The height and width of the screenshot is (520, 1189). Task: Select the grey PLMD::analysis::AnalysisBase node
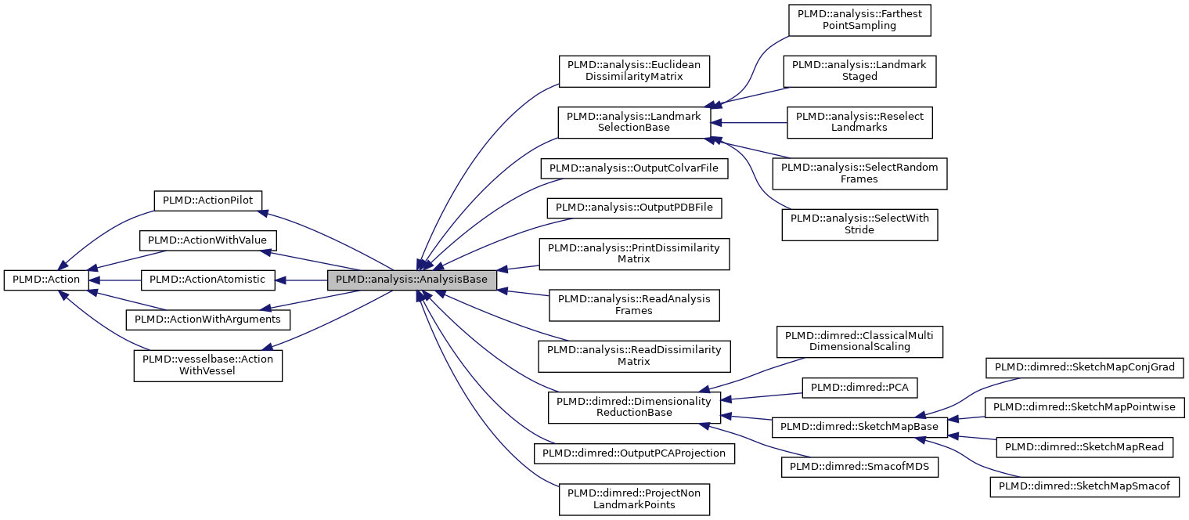pyautogui.click(x=412, y=280)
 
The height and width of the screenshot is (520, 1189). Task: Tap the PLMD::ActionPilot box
pyautogui.click(x=207, y=200)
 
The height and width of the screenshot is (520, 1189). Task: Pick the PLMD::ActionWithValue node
pyautogui.click(x=207, y=240)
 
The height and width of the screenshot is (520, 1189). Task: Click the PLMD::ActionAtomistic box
pyautogui.click(x=207, y=280)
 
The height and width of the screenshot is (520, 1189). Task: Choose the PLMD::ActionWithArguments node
pyautogui.click(x=207, y=320)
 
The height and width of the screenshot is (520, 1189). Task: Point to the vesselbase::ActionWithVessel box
pyautogui.click(x=207, y=366)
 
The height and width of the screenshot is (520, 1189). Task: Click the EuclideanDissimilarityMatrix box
pyautogui.click(x=633, y=70)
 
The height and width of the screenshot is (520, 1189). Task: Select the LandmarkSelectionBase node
pyautogui.click(x=633, y=121)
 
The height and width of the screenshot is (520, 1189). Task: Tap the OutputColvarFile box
pyautogui.click(x=633, y=168)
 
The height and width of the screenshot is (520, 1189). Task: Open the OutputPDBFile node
pyautogui.click(x=633, y=208)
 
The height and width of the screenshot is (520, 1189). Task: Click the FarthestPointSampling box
pyautogui.click(x=859, y=20)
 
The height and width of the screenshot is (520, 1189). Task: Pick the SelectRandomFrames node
pyautogui.click(x=859, y=173)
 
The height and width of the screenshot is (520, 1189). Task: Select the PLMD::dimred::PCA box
pyautogui.click(x=859, y=387)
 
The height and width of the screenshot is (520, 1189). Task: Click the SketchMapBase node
pyautogui.click(x=859, y=427)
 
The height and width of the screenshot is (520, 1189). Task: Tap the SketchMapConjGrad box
pyautogui.click(x=1089, y=367)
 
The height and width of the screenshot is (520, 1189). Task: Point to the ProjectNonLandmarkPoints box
pyautogui.click(x=633, y=499)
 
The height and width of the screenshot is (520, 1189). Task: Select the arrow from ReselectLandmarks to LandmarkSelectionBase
pyautogui.click(x=751, y=122)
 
